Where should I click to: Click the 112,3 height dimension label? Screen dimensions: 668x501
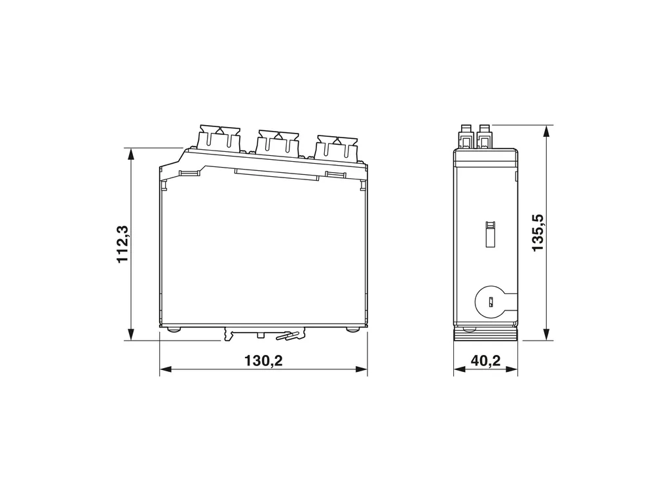pyautogui.click(x=122, y=244)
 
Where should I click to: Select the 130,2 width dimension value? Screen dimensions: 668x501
pyautogui.click(x=263, y=361)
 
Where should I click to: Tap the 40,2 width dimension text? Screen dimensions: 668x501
pyautogui.click(x=486, y=361)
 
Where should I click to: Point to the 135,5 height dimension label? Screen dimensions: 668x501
pyautogui.click(x=538, y=232)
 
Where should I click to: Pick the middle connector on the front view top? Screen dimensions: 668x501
pyautogui.click(x=277, y=144)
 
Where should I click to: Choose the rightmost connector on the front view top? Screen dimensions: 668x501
pyautogui.click(x=336, y=149)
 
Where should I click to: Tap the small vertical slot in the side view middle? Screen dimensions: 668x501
pyautogui.click(x=491, y=234)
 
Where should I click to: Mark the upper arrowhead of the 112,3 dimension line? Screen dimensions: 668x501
pyautogui.click(x=131, y=154)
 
